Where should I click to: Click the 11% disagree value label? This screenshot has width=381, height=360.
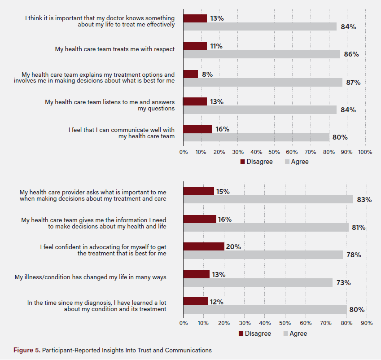tap(216, 46)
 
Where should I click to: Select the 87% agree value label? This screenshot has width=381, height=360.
tap(353, 83)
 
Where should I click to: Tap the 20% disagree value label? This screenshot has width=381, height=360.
tap(234, 246)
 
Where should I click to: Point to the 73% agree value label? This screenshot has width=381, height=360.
tap(344, 283)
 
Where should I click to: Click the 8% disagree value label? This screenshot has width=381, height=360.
tap(207, 74)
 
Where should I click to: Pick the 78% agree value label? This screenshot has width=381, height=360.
tap(354, 255)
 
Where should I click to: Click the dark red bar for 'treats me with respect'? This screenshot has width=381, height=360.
tap(195, 46)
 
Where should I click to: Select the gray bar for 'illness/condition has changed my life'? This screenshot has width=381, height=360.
tap(258, 282)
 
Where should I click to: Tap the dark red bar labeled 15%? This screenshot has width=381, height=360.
tap(198, 191)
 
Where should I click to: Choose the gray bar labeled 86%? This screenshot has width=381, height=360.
tap(262, 54)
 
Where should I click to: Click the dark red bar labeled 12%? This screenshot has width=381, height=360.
tap(195, 301)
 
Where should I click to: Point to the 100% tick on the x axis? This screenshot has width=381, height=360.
tap(365, 152)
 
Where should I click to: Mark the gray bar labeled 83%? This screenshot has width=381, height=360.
tap(268, 199)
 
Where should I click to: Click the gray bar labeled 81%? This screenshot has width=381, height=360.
tap(266, 228)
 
